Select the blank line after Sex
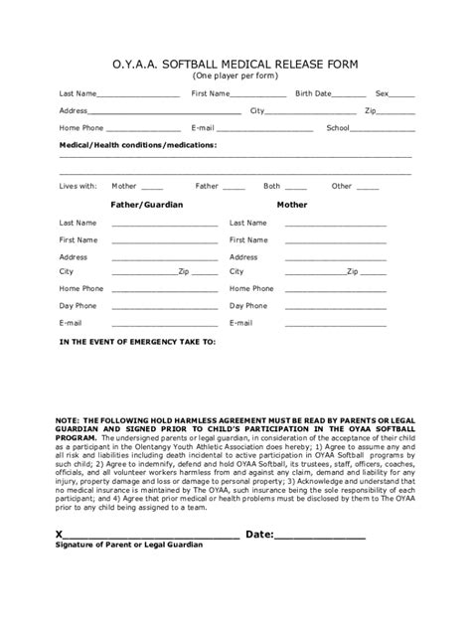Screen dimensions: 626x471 [402, 95]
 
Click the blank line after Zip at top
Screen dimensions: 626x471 [396, 112]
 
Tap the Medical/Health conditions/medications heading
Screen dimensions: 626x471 [137, 145]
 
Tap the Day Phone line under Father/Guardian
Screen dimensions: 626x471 [164, 308]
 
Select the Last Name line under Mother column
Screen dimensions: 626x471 [335, 226]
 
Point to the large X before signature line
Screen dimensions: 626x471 [60, 534]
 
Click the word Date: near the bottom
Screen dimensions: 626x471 [259, 534]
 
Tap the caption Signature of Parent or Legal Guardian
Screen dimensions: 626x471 [129, 546]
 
